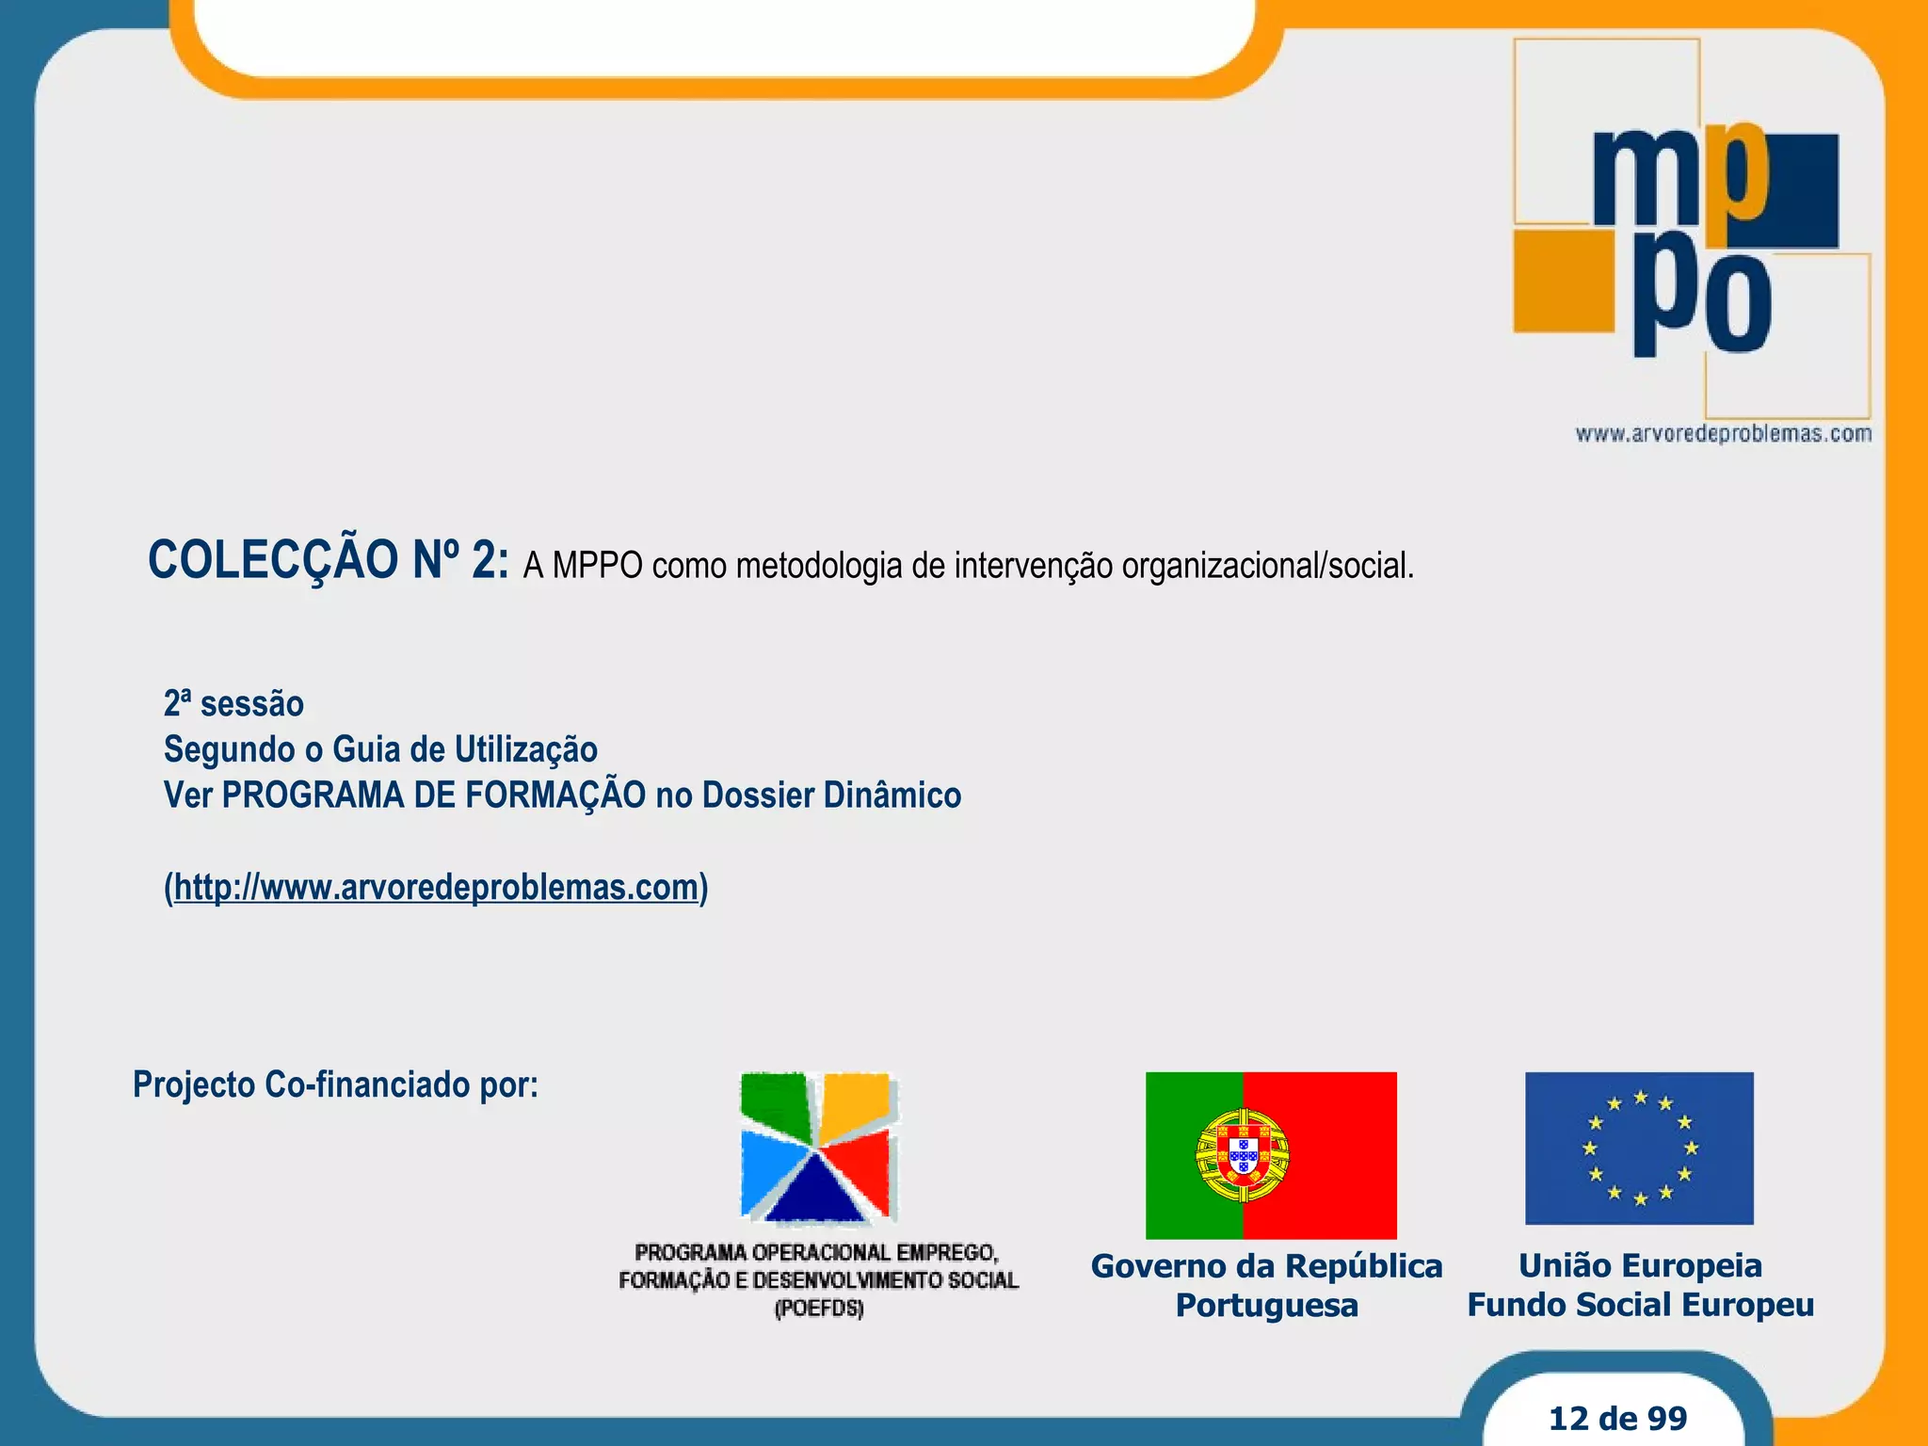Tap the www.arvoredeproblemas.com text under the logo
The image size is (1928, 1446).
[x=1723, y=434]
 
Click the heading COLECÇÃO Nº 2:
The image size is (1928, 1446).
[x=329, y=560]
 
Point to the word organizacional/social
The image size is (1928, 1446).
[x=1267, y=566]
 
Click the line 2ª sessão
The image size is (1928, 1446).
[x=233, y=704]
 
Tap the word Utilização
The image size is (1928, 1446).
[x=526, y=750]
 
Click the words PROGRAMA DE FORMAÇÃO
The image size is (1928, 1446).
[x=433, y=795]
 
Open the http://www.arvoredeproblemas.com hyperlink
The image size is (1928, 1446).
[x=436, y=888]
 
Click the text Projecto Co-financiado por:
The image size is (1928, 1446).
[x=335, y=1084]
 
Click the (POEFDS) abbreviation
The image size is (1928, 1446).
[x=818, y=1309]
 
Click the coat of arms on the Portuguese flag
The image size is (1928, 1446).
[x=1242, y=1154]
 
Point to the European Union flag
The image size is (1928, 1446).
[x=1639, y=1148]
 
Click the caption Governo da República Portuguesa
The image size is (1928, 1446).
[x=1266, y=1285]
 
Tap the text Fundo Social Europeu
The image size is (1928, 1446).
[x=1640, y=1306]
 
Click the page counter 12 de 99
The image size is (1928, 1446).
[x=1617, y=1418]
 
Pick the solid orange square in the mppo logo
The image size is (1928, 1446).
[x=1563, y=281]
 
